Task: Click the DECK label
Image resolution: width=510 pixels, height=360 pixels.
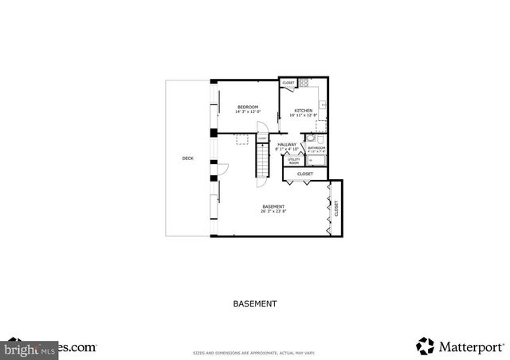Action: pos(188,158)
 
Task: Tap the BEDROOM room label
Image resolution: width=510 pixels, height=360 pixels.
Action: pos(248,107)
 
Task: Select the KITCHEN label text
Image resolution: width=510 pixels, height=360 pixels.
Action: pos(304,111)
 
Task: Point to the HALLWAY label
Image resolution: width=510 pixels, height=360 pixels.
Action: pos(287,144)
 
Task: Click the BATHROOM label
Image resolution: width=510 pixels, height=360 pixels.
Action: pos(317,147)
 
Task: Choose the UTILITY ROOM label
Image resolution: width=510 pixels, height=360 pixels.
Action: pos(293,161)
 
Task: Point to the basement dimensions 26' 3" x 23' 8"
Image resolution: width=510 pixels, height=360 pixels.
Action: pos(273,211)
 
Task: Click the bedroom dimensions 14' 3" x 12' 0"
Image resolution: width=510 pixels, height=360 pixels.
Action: pos(248,112)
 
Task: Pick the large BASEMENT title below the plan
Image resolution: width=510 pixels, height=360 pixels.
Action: pos(255,303)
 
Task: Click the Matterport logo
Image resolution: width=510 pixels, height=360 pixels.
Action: pos(460,346)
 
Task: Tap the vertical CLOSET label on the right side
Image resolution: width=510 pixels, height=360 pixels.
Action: pos(336,209)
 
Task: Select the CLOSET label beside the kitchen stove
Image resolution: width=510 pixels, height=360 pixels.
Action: pos(288,83)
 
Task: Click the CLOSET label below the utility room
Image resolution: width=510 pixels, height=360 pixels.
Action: pos(305,174)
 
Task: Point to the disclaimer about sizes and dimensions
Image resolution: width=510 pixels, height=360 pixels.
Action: pos(255,352)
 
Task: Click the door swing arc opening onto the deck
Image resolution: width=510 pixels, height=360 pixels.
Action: pos(222,169)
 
